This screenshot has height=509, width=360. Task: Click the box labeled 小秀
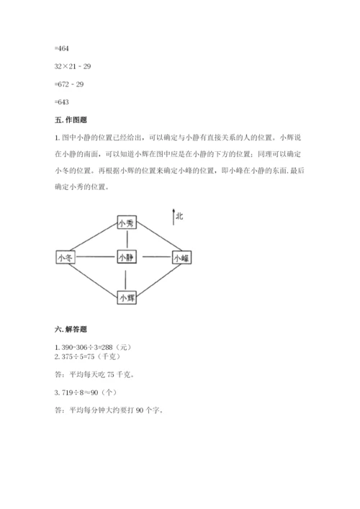[x=127, y=223]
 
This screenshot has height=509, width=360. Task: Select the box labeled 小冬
[x=65, y=257]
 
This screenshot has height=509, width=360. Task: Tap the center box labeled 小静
[x=127, y=257]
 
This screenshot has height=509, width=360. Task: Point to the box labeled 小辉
[x=127, y=296]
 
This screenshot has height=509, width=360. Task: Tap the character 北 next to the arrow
[x=179, y=216]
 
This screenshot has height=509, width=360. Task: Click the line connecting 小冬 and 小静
[x=95, y=257]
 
